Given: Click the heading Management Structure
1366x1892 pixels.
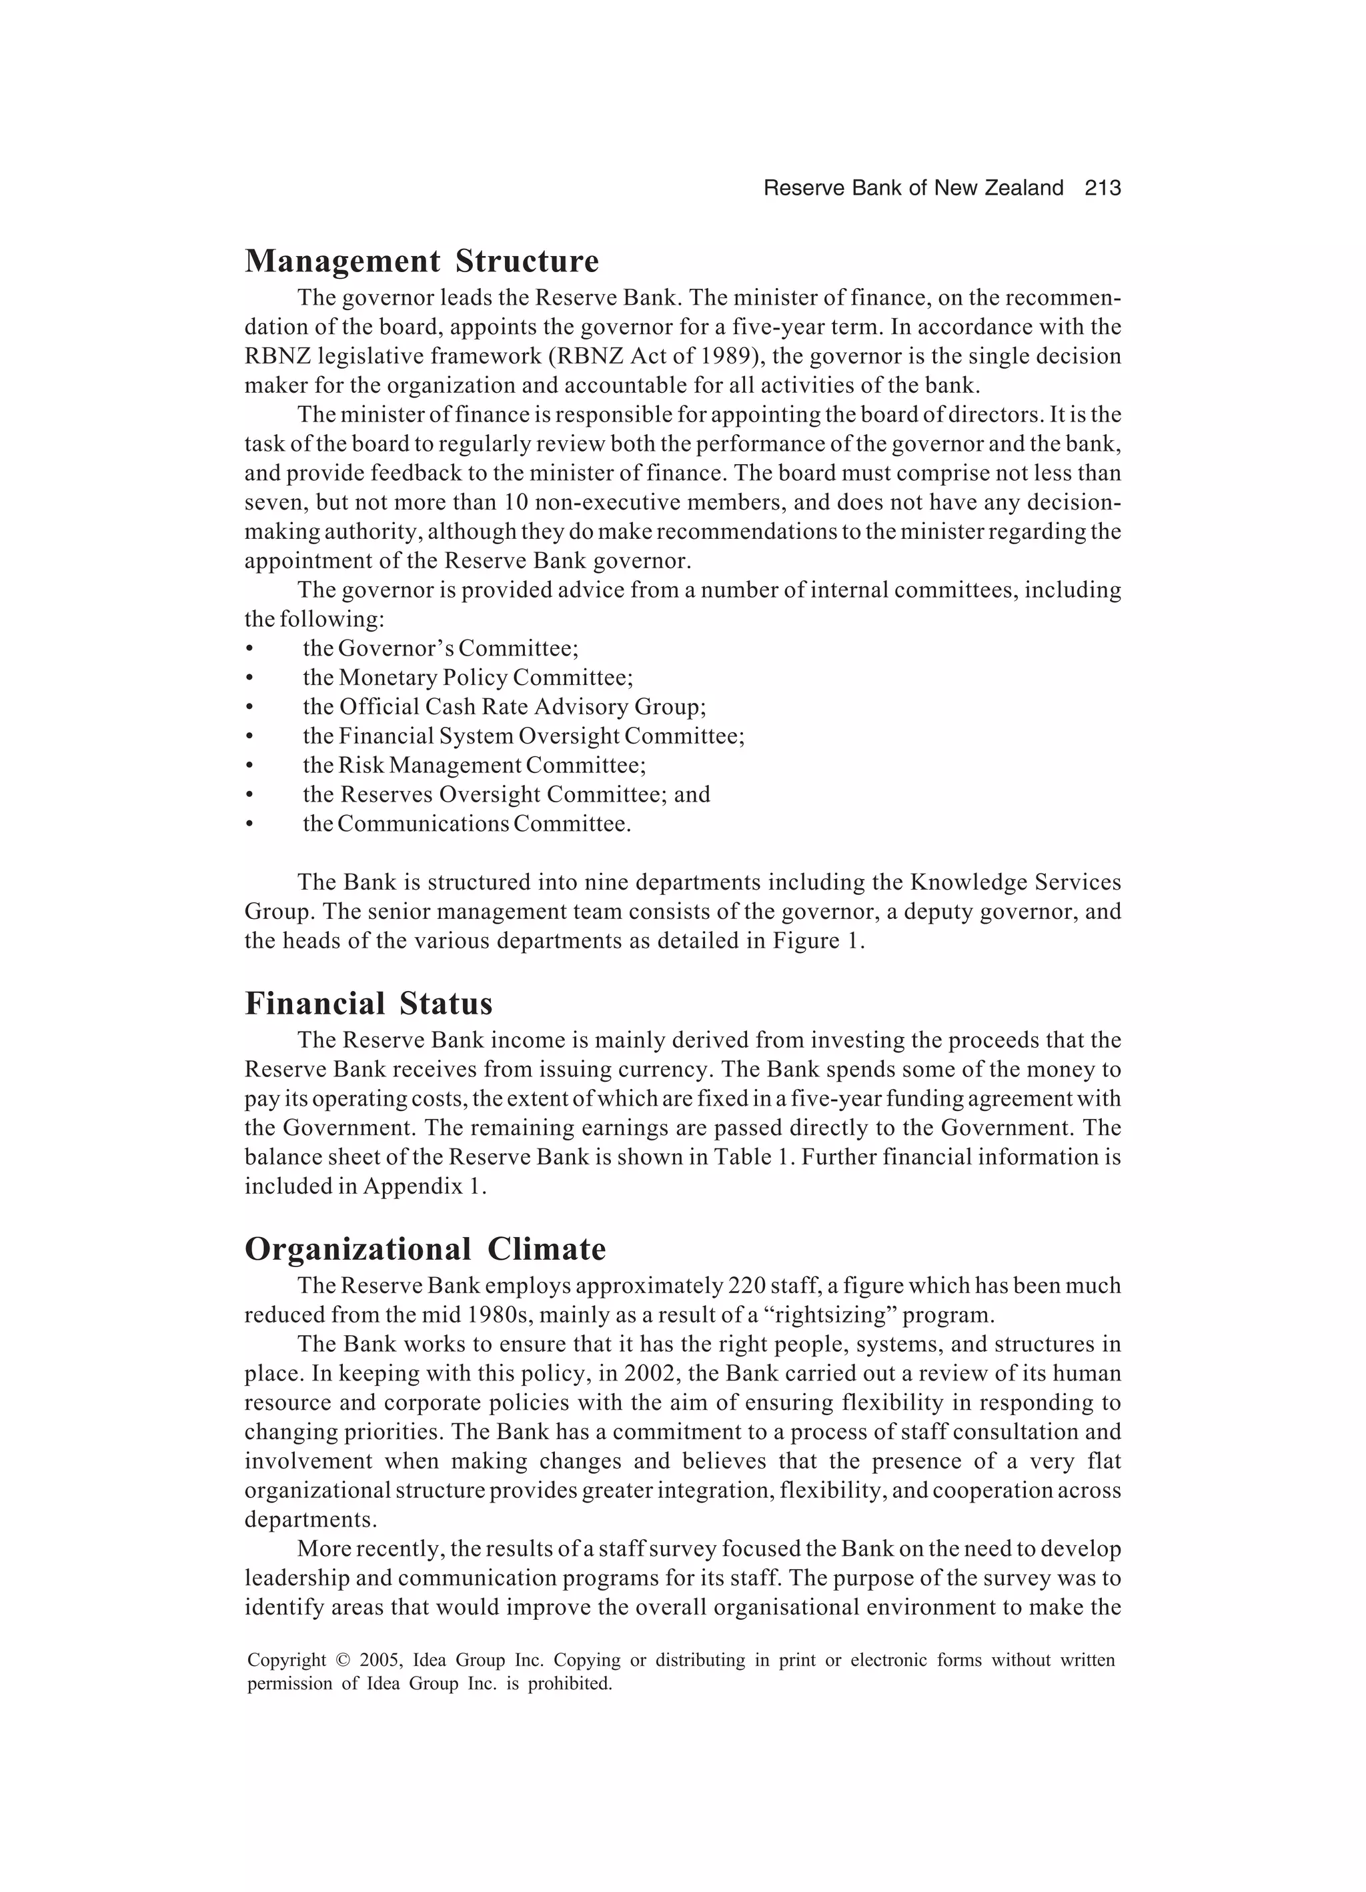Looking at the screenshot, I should (422, 261).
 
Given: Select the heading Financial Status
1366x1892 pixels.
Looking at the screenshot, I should (368, 1004).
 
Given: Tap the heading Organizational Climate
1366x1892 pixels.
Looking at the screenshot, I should (425, 1249).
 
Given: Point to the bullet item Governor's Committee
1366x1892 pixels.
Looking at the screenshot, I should (441, 648).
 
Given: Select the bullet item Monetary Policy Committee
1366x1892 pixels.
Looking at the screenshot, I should (468, 678).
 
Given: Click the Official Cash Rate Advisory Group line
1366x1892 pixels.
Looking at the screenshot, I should (504, 706).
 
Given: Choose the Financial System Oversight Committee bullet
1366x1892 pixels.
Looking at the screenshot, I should (523, 736).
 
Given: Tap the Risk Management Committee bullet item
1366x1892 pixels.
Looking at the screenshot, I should (474, 765).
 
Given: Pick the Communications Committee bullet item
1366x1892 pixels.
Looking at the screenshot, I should (466, 824).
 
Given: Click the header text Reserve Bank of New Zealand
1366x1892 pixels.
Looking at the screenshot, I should (913, 189).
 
